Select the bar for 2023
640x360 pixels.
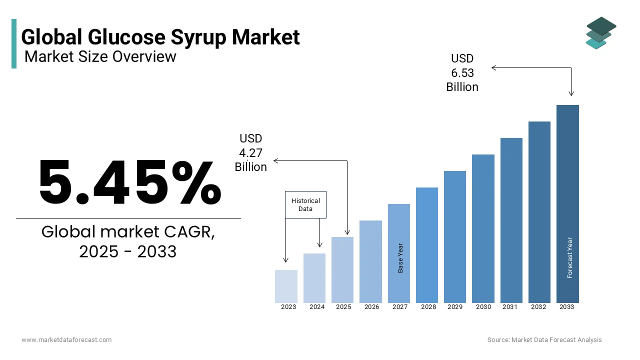pyautogui.click(x=286, y=286)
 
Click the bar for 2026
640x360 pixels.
pyautogui.click(x=370, y=261)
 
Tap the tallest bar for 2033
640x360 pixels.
pyautogui.click(x=567, y=203)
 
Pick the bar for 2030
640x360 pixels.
pyautogui.click(x=483, y=228)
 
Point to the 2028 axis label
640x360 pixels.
pyautogui.click(x=428, y=307)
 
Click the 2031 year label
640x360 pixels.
pyautogui.click(x=510, y=307)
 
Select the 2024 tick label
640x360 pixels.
pyautogui.click(x=317, y=307)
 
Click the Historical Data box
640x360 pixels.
pyautogui.click(x=305, y=204)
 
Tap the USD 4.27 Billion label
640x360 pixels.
pyautogui.click(x=251, y=152)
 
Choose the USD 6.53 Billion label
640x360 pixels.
pyautogui.click(x=462, y=73)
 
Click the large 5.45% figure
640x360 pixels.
pyautogui.click(x=129, y=183)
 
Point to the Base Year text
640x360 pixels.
pyautogui.click(x=400, y=258)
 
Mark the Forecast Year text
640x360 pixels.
pyautogui.click(x=570, y=257)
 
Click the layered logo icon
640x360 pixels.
pyautogui.click(x=601, y=33)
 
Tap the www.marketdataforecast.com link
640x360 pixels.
pyautogui.click(x=66, y=340)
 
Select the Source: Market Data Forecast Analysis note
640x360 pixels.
pyautogui.click(x=544, y=340)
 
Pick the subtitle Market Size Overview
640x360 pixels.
pyautogui.click(x=100, y=56)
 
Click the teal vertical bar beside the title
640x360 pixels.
pyautogui.click(x=14, y=43)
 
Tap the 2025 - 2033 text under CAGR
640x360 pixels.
pyautogui.click(x=128, y=251)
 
